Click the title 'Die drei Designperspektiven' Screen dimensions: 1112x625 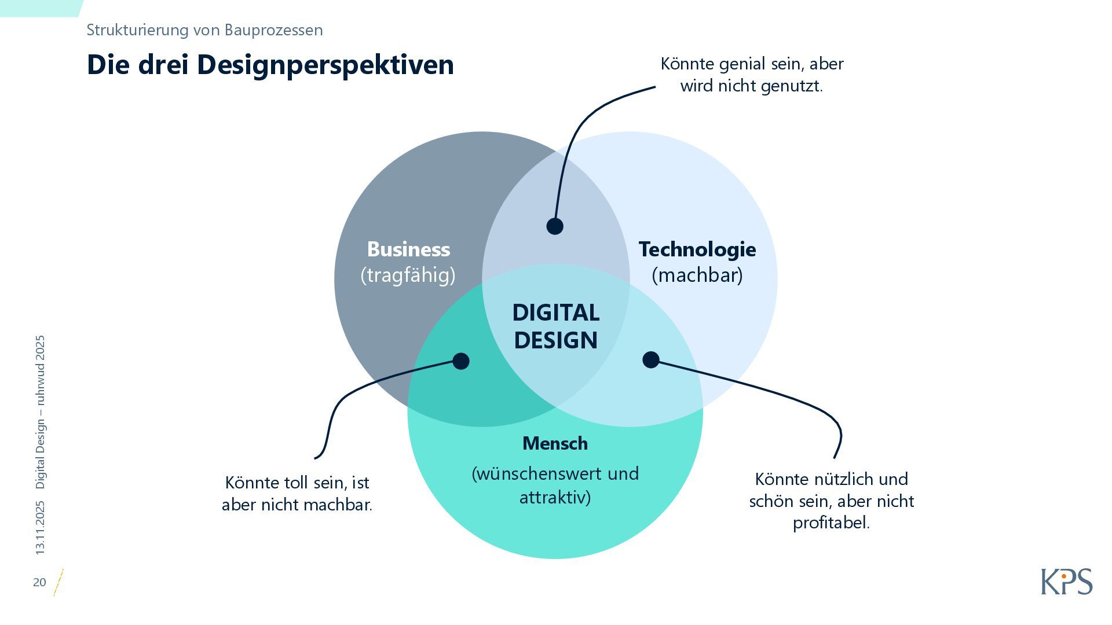click(x=270, y=65)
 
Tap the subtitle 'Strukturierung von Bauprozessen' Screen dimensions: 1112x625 click(x=204, y=30)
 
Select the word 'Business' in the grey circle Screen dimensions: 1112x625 click(x=408, y=249)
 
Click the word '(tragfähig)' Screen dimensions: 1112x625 click(x=408, y=275)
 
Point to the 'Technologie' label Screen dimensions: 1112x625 click(x=697, y=249)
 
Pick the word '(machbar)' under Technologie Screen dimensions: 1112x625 click(x=697, y=275)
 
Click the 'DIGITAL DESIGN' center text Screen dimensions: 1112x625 click(x=555, y=326)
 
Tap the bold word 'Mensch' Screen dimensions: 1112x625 click(x=555, y=443)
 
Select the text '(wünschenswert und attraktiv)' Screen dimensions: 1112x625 click(x=555, y=485)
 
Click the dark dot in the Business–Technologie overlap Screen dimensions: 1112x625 click(x=555, y=226)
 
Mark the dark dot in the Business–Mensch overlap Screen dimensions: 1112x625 click(x=461, y=361)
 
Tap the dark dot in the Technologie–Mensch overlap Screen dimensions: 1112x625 click(x=651, y=360)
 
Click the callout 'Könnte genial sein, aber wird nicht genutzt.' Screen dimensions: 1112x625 click(x=752, y=75)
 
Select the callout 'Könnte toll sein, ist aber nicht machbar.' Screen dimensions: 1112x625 click(x=297, y=494)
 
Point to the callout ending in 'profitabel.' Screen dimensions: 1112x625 click(x=831, y=501)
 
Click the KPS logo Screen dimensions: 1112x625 click(x=1066, y=582)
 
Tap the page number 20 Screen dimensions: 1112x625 click(x=39, y=582)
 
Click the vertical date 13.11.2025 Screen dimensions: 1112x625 click(x=40, y=528)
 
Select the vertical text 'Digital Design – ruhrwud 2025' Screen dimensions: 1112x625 click(x=40, y=412)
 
